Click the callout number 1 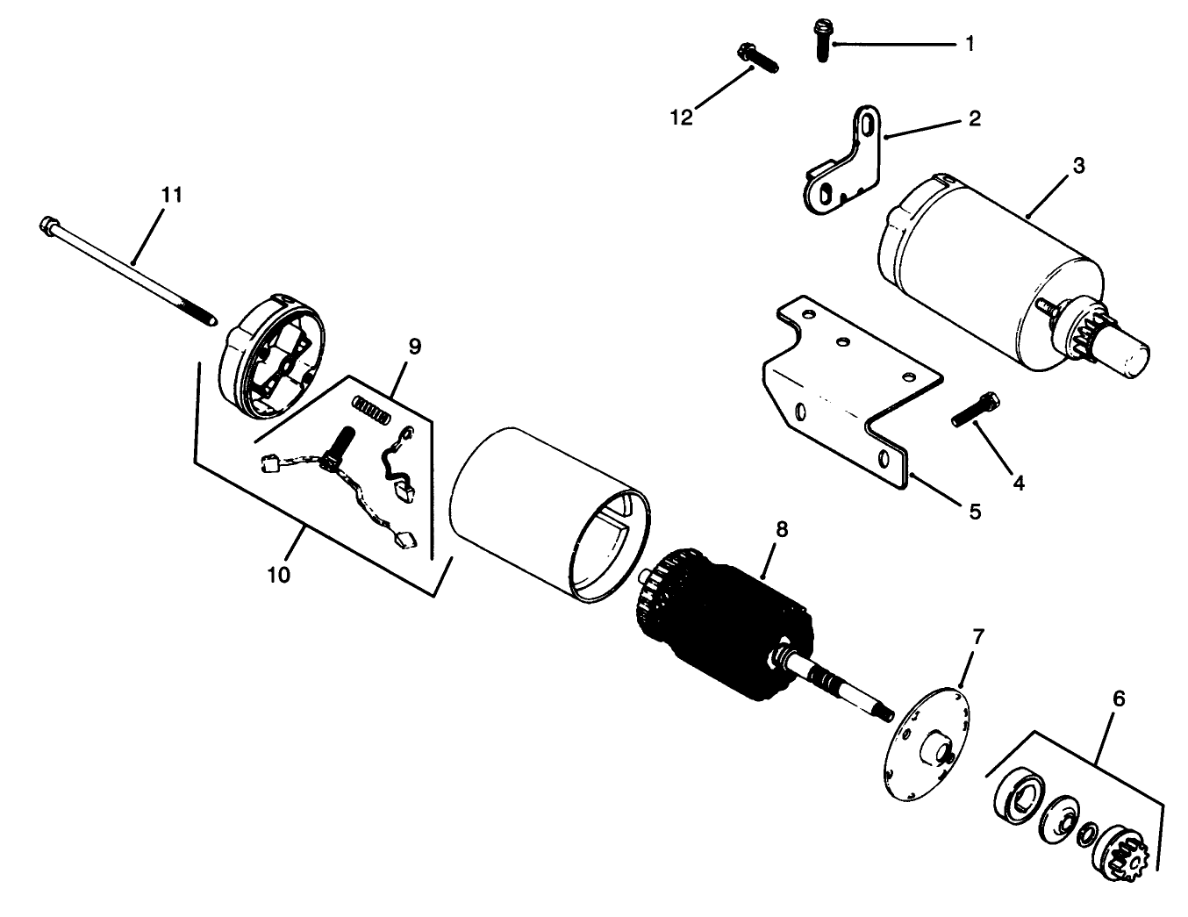pyautogui.click(x=970, y=44)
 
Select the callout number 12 pyautogui.click(x=682, y=118)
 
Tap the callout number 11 pyautogui.click(x=172, y=195)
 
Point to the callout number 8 pyautogui.click(x=782, y=529)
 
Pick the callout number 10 pyautogui.click(x=279, y=575)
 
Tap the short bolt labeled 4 pyautogui.click(x=976, y=410)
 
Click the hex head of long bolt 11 pyautogui.click(x=48, y=226)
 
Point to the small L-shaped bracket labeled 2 pyautogui.click(x=844, y=161)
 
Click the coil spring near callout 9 pyautogui.click(x=372, y=408)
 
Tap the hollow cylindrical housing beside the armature pyautogui.click(x=549, y=514)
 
